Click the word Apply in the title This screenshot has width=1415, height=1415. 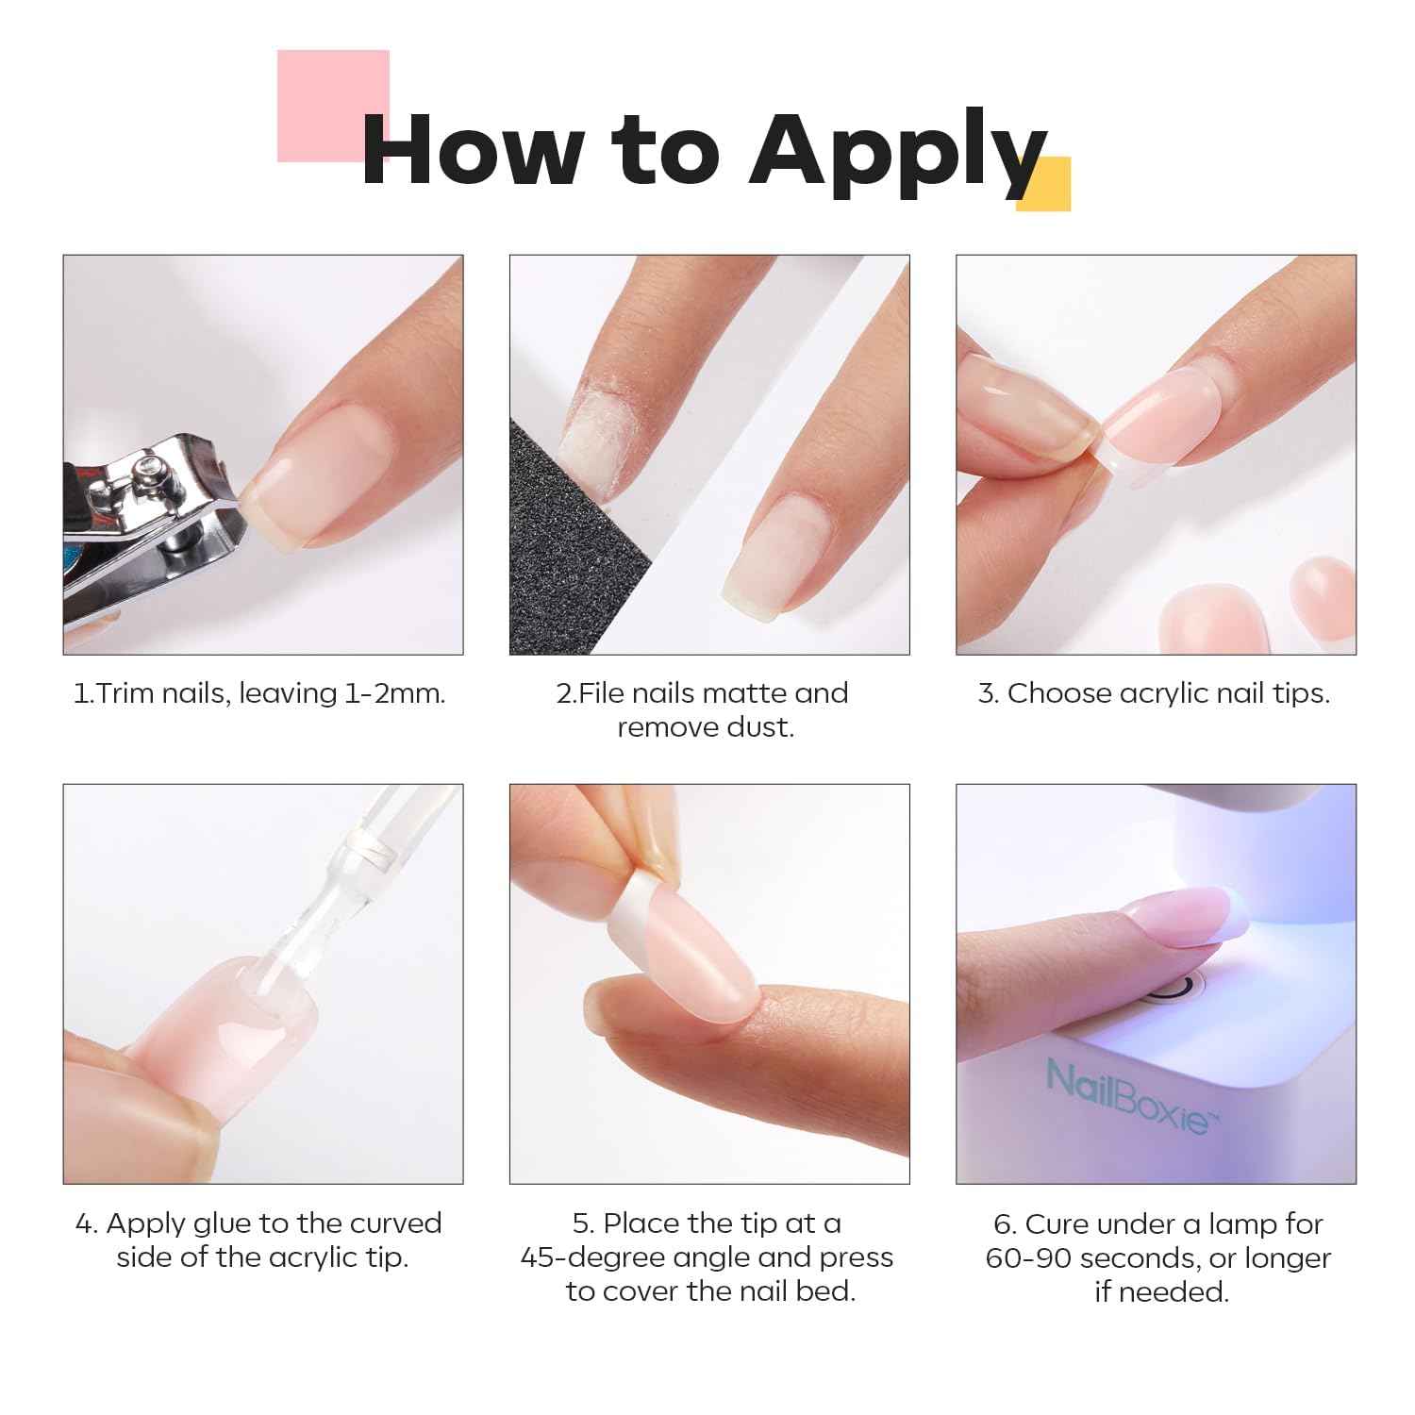tap(896, 151)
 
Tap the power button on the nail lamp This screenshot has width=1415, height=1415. tap(1179, 989)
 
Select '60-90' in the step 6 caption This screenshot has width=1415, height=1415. tap(1028, 1257)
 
